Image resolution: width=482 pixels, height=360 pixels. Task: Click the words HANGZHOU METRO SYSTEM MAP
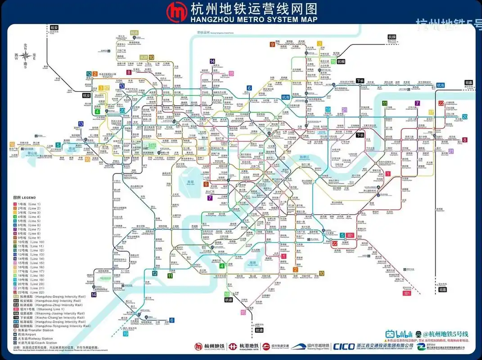pos(254,19)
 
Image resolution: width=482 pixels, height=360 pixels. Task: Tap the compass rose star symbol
pos(26,56)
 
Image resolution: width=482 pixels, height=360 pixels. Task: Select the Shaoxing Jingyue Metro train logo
pos(311,346)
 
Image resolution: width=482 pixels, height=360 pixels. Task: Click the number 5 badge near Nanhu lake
pos(58,145)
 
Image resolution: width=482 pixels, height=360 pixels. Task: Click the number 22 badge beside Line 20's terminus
pos(441,103)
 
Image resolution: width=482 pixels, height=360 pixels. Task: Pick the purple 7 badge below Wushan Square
pos(210,198)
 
